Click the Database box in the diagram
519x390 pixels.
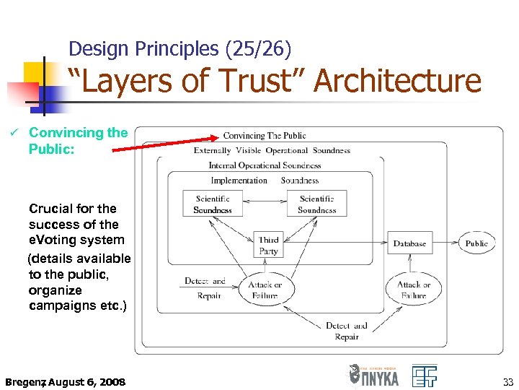tap(409, 243)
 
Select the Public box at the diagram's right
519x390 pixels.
tap(476, 243)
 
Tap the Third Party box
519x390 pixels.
tap(268, 246)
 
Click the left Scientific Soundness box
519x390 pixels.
tap(212, 204)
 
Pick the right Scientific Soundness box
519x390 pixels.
tap(316, 204)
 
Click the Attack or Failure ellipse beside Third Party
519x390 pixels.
tap(265, 290)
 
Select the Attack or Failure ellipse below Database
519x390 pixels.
tap(414, 290)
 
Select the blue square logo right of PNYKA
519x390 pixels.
tap(425, 376)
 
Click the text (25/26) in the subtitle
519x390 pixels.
tap(259, 49)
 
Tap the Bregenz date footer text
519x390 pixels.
tap(65, 381)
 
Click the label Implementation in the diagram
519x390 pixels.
tap(239, 181)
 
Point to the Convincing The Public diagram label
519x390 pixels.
tap(264, 135)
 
